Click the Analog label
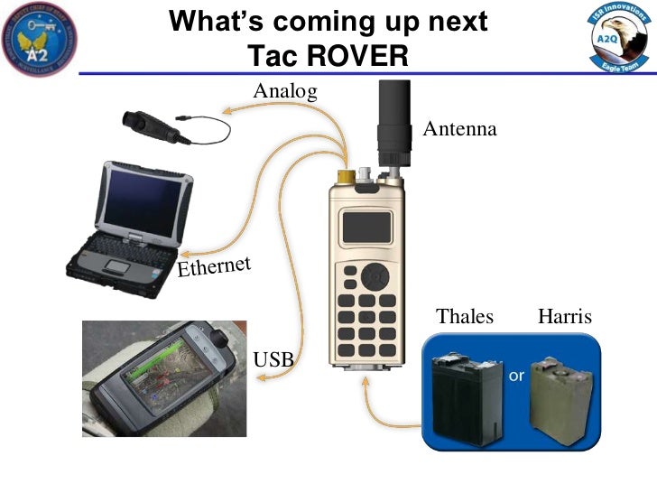tap(285, 90)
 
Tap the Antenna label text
tap(459, 129)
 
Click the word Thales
tap(465, 316)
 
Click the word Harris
tap(565, 316)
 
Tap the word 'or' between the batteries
tap(517, 375)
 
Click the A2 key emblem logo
tap(40, 38)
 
